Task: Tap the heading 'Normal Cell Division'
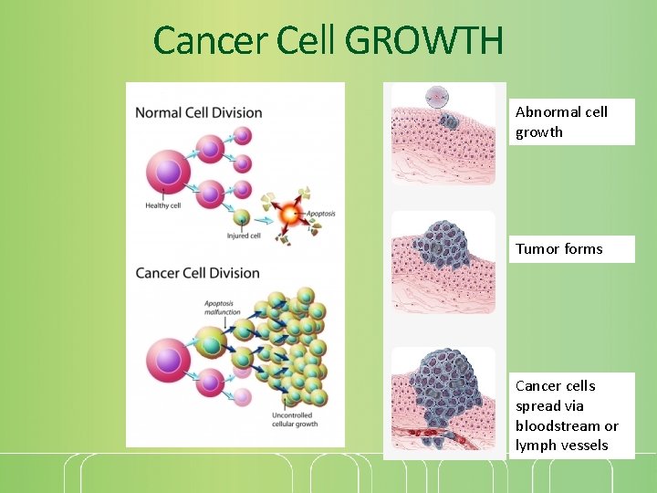[x=198, y=113]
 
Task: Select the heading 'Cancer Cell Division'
[x=197, y=273]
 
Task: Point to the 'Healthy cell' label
[x=162, y=205]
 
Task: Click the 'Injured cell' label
[x=244, y=236]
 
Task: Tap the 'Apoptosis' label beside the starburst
[x=320, y=214]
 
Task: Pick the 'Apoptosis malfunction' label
[x=223, y=307]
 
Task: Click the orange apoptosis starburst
[x=289, y=215]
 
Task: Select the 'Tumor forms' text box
[x=571, y=248]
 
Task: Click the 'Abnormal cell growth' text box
[x=571, y=121]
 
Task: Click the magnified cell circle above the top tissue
[x=437, y=97]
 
